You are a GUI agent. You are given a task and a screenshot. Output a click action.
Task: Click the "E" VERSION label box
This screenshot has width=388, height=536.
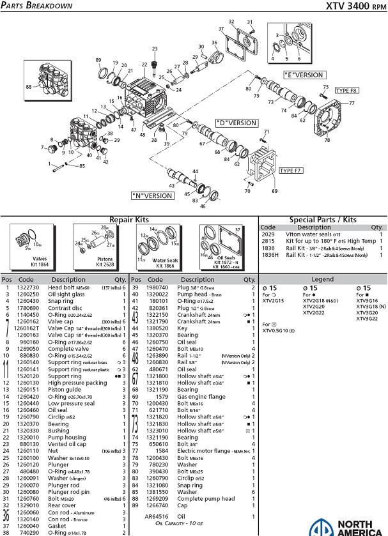[304, 75]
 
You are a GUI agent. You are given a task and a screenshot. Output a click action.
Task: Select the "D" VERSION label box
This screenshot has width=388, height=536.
[236, 123]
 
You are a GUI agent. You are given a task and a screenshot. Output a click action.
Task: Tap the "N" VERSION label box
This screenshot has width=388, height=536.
[152, 195]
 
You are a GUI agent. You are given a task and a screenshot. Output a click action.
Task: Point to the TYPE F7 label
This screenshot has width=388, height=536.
[291, 171]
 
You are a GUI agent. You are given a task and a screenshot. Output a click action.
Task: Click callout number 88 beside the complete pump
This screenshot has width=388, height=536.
[28, 87]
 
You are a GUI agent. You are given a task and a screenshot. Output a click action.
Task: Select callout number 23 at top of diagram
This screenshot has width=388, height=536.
[154, 49]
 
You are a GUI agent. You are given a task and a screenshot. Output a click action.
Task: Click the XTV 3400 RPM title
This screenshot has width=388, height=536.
[355, 6]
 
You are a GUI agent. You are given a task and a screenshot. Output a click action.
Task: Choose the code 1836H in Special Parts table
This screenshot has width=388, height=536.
[270, 255]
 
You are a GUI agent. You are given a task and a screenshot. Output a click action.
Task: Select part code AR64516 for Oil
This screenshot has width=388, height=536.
[155, 516]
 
